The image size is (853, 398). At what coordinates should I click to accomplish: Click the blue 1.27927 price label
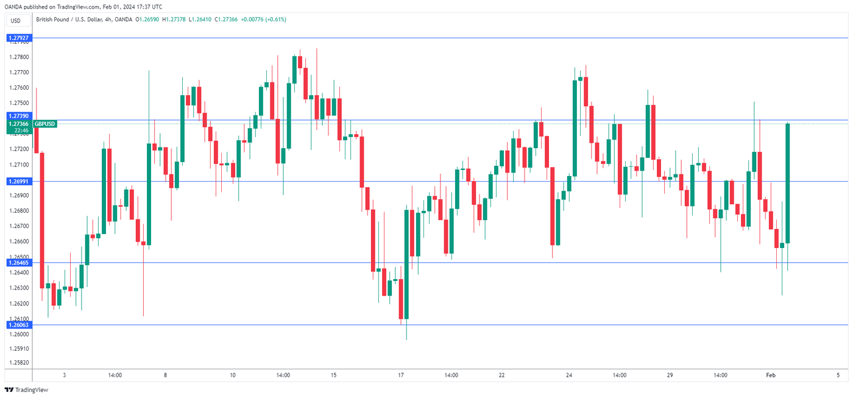point(19,38)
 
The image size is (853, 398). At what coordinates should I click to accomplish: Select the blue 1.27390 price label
point(19,115)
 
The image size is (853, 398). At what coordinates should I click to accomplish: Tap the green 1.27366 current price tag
point(19,124)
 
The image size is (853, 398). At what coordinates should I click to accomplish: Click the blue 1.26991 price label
point(19,181)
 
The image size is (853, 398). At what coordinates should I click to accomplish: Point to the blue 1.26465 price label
point(19,262)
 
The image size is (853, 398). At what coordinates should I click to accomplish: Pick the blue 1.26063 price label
point(19,325)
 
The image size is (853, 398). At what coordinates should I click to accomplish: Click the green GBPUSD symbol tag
point(45,124)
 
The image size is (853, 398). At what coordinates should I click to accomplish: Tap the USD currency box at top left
point(15,21)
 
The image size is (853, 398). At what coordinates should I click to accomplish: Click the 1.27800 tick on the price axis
point(19,57)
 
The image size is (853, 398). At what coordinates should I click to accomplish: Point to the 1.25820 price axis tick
point(19,363)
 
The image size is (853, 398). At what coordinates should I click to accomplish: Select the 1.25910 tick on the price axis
point(19,349)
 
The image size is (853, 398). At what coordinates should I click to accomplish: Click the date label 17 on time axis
point(400,375)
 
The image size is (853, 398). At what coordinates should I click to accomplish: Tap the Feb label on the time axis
point(770,375)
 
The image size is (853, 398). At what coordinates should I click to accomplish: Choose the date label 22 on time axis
point(501,375)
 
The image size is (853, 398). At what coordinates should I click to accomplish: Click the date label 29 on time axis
point(670,375)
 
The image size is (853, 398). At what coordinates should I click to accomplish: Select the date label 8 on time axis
point(165,375)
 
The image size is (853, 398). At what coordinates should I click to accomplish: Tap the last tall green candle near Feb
point(788,183)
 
